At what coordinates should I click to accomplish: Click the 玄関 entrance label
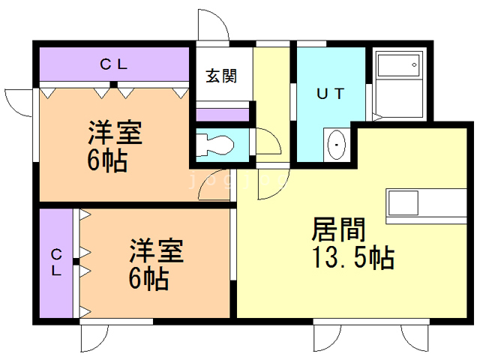coord(222,76)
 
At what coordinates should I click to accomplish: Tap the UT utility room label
coord(330,94)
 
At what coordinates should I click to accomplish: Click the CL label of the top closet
coord(113,64)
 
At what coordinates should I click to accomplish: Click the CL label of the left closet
coord(56,263)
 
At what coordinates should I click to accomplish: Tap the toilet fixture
coord(215,144)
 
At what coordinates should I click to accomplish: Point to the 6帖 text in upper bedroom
coord(106,160)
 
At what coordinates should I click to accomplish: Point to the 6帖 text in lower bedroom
coord(148,279)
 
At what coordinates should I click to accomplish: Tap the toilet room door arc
coord(265,142)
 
